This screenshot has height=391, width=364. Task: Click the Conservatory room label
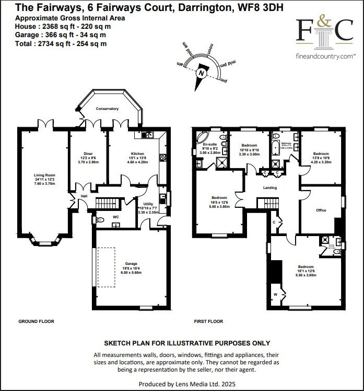107,109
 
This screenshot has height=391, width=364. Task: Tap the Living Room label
44,175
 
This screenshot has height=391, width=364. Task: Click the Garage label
131,264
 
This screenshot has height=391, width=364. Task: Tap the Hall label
83,196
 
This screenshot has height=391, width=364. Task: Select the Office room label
321,210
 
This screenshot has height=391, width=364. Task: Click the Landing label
270,187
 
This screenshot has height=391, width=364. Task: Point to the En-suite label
210,144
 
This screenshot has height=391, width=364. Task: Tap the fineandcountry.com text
325,55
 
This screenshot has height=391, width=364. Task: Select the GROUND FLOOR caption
36,321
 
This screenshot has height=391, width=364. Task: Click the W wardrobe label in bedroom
276,295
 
